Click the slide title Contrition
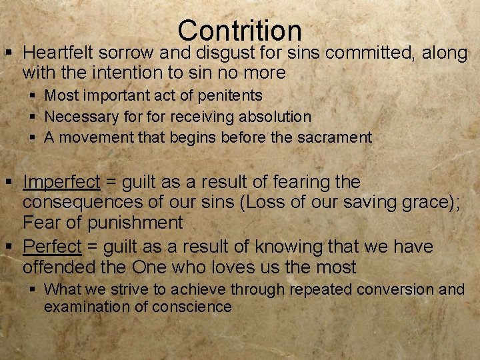[240, 30]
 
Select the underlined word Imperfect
[61, 181]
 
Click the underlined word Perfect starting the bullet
[52, 247]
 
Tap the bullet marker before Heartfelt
[9, 52]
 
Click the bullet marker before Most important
[31, 96]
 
